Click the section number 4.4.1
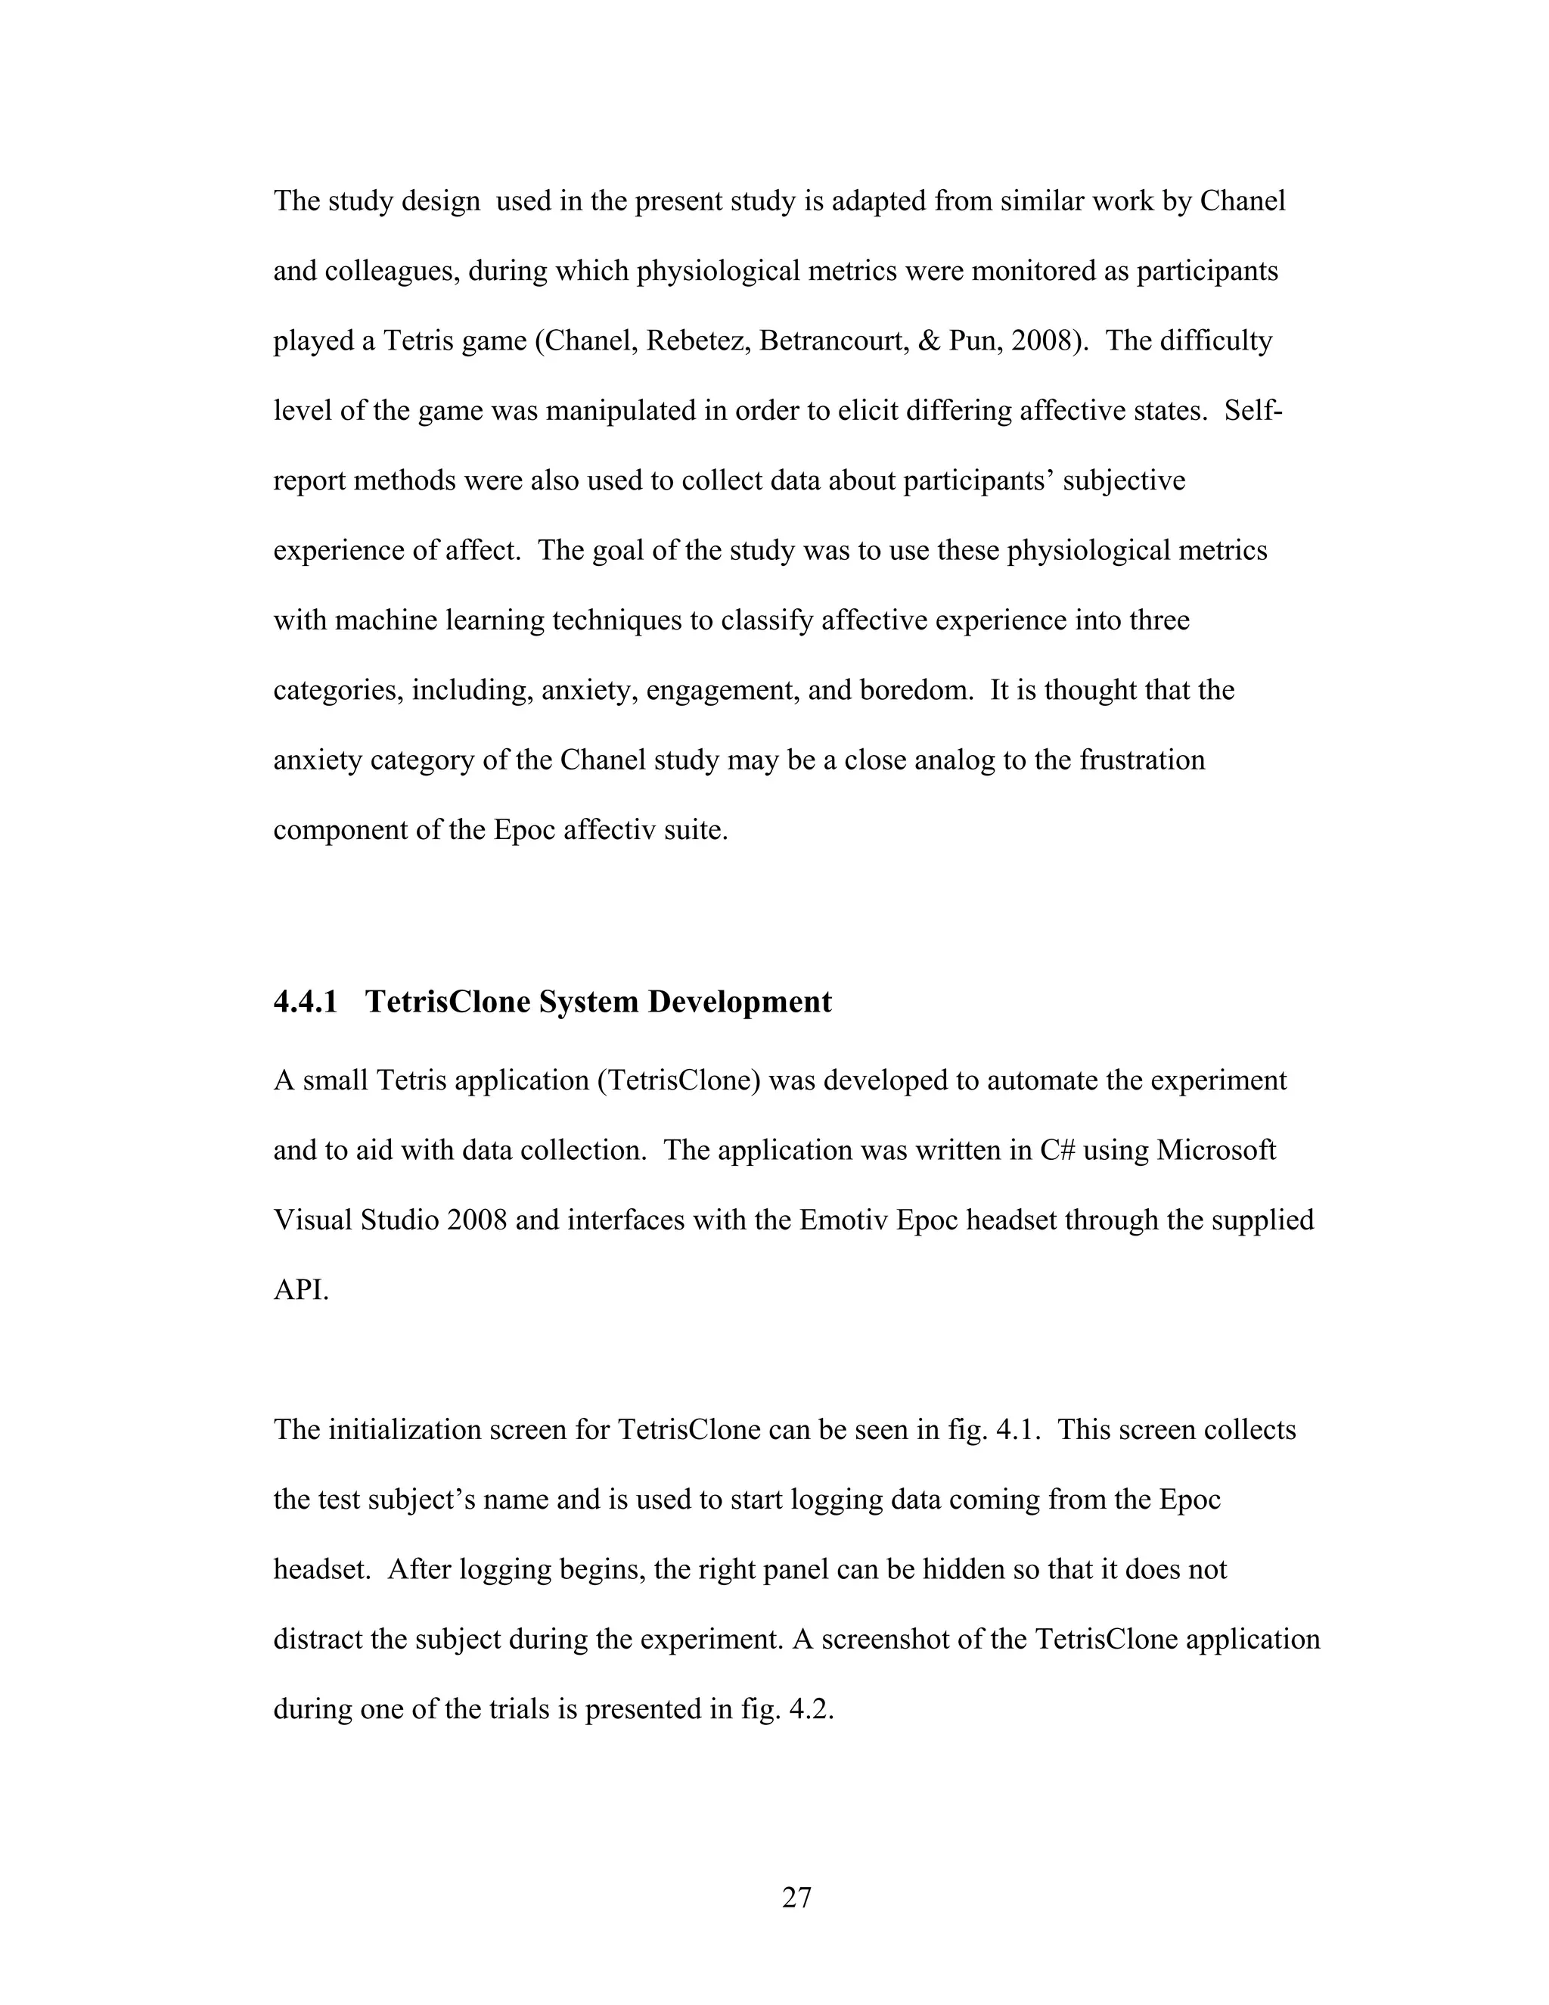click(x=306, y=1002)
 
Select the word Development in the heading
click(x=740, y=1002)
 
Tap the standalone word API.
click(x=300, y=1290)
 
